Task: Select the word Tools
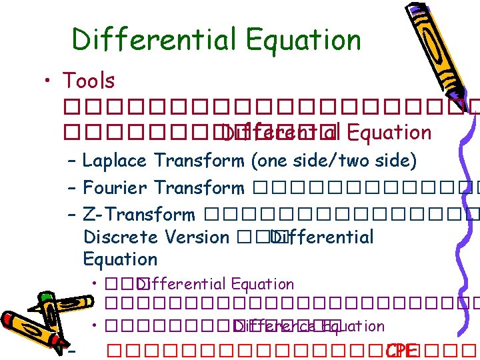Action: click(x=88, y=81)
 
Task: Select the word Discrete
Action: click(x=119, y=237)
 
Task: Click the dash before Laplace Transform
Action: click(x=72, y=161)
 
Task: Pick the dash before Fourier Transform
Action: click(x=72, y=188)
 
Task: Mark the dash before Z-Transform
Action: click(x=72, y=215)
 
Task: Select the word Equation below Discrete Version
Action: click(x=120, y=259)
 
